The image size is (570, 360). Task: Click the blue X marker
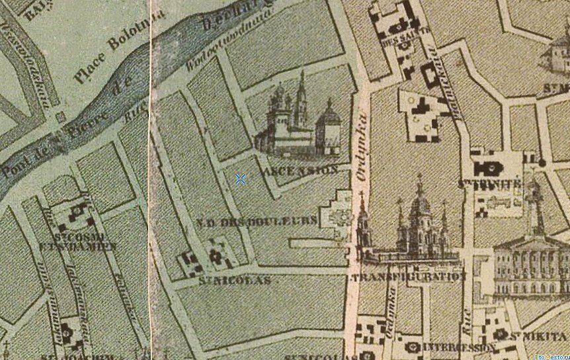pos(241,179)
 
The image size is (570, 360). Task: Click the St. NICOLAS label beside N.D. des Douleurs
pos(234,281)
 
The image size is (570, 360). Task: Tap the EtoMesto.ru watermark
pos(551,356)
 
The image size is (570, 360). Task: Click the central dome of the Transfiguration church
pos(419,205)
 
